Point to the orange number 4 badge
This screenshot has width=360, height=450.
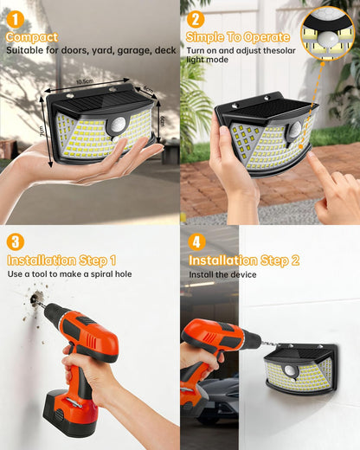pyautogui.click(x=196, y=242)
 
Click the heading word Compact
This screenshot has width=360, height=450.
pyautogui.click(x=32, y=37)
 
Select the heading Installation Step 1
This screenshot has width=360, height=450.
pyautogui.click(x=61, y=260)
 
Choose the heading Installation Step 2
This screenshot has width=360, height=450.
pyautogui.click(x=244, y=260)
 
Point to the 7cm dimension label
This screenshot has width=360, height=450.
pyautogui.click(x=42, y=129)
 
